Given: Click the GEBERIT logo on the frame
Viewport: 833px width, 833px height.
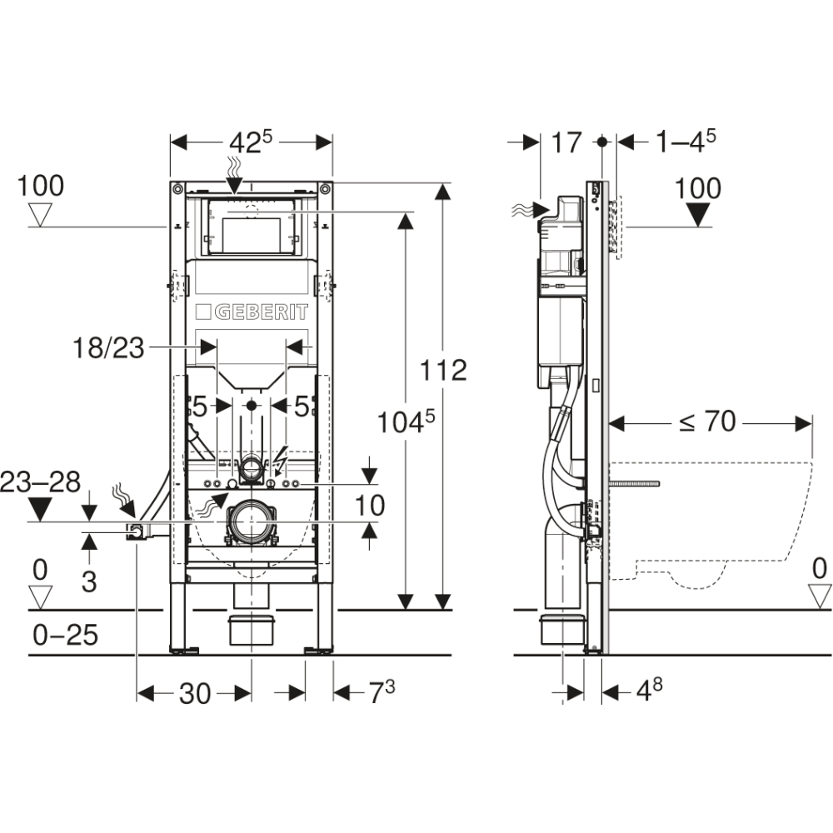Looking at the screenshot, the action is click(252, 312).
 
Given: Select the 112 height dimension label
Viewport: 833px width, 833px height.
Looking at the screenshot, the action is click(443, 370).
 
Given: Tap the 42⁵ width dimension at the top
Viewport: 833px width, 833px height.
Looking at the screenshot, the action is click(250, 142).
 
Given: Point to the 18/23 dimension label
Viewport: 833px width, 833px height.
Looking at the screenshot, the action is click(108, 348).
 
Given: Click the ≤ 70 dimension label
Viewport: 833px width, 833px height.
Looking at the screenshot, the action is click(707, 422).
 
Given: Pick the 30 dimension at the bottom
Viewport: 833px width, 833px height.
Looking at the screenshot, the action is click(195, 693).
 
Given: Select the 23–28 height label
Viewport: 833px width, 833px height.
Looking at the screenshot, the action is click(40, 482).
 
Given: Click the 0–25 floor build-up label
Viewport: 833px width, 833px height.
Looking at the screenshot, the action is click(65, 634).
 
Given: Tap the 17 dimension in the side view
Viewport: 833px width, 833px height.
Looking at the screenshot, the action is click(566, 142).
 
